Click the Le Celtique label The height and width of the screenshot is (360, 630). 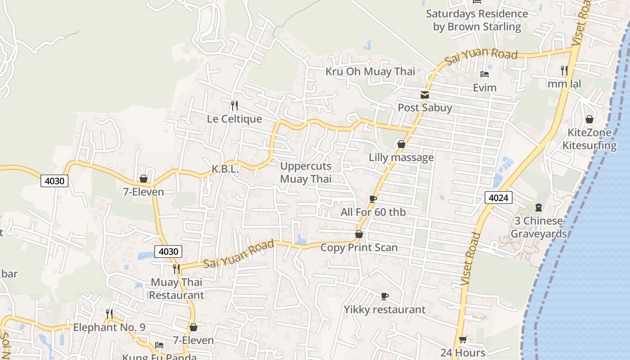click(234, 119)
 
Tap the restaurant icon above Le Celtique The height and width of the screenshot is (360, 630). click(234, 106)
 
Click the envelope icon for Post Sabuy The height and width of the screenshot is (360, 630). click(424, 95)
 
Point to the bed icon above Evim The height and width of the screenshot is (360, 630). click(484, 74)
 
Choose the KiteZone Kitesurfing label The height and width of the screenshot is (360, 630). click(589, 139)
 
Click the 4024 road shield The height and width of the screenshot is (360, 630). click(499, 198)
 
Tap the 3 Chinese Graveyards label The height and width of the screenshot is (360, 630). click(539, 227)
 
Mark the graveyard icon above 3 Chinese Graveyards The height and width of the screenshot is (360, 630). click(538, 207)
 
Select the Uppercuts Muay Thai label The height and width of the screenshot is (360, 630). click(306, 172)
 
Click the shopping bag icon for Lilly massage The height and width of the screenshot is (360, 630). click(401, 144)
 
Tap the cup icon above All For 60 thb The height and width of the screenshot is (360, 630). click(373, 199)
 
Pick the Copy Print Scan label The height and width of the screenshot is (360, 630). click(359, 247)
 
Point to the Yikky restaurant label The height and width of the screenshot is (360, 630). click(384, 310)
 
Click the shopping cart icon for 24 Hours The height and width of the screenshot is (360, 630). click(463, 340)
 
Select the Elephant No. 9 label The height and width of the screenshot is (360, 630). click(109, 327)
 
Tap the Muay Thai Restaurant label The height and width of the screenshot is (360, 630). click(176, 289)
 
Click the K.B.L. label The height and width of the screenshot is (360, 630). click(225, 169)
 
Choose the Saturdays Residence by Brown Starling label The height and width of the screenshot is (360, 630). click(477, 20)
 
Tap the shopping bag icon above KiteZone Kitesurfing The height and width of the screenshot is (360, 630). click(589, 119)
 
